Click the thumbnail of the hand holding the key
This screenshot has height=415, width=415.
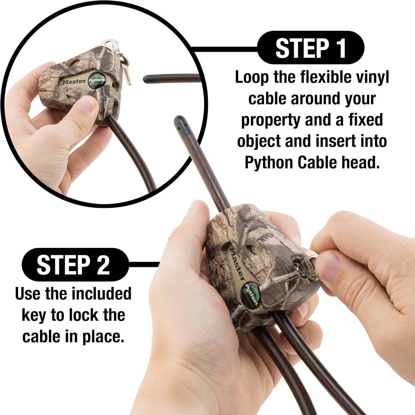(330, 268)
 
